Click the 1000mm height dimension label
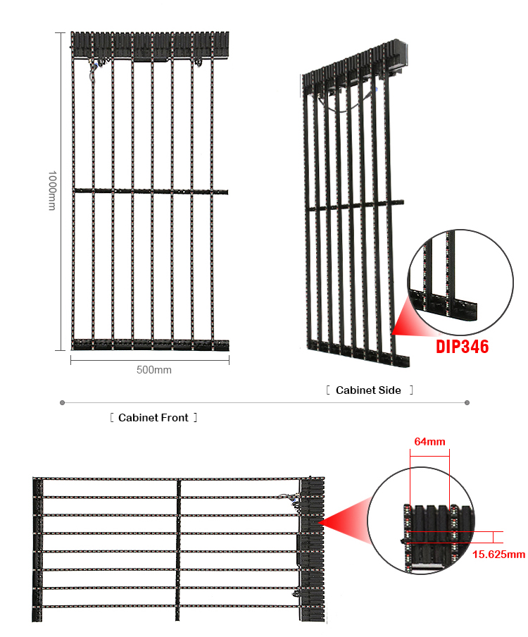(x=52, y=190)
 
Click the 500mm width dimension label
(x=153, y=370)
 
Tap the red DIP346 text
(x=462, y=347)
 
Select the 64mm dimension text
(x=429, y=442)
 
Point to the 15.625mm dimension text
(x=498, y=555)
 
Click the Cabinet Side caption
(x=368, y=390)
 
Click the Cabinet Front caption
(x=153, y=418)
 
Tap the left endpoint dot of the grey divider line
(x=62, y=402)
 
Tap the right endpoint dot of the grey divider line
(x=467, y=402)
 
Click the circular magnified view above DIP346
(x=460, y=282)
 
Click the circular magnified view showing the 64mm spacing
(x=421, y=521)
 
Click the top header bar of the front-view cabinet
(x=150, y=44)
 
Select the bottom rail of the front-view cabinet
(x=150, y=345)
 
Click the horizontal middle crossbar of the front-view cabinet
(x=151, y=191)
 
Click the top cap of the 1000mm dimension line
(x=60, y=32)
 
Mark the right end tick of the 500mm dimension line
(x=229, y=360)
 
